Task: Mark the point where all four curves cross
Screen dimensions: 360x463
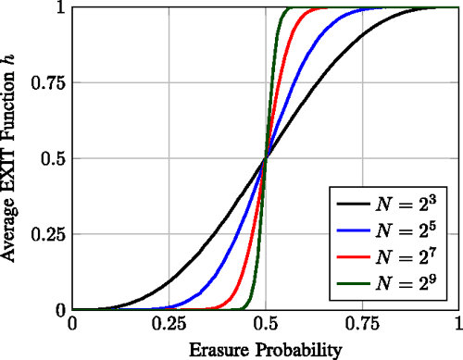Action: pos(266,159)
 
